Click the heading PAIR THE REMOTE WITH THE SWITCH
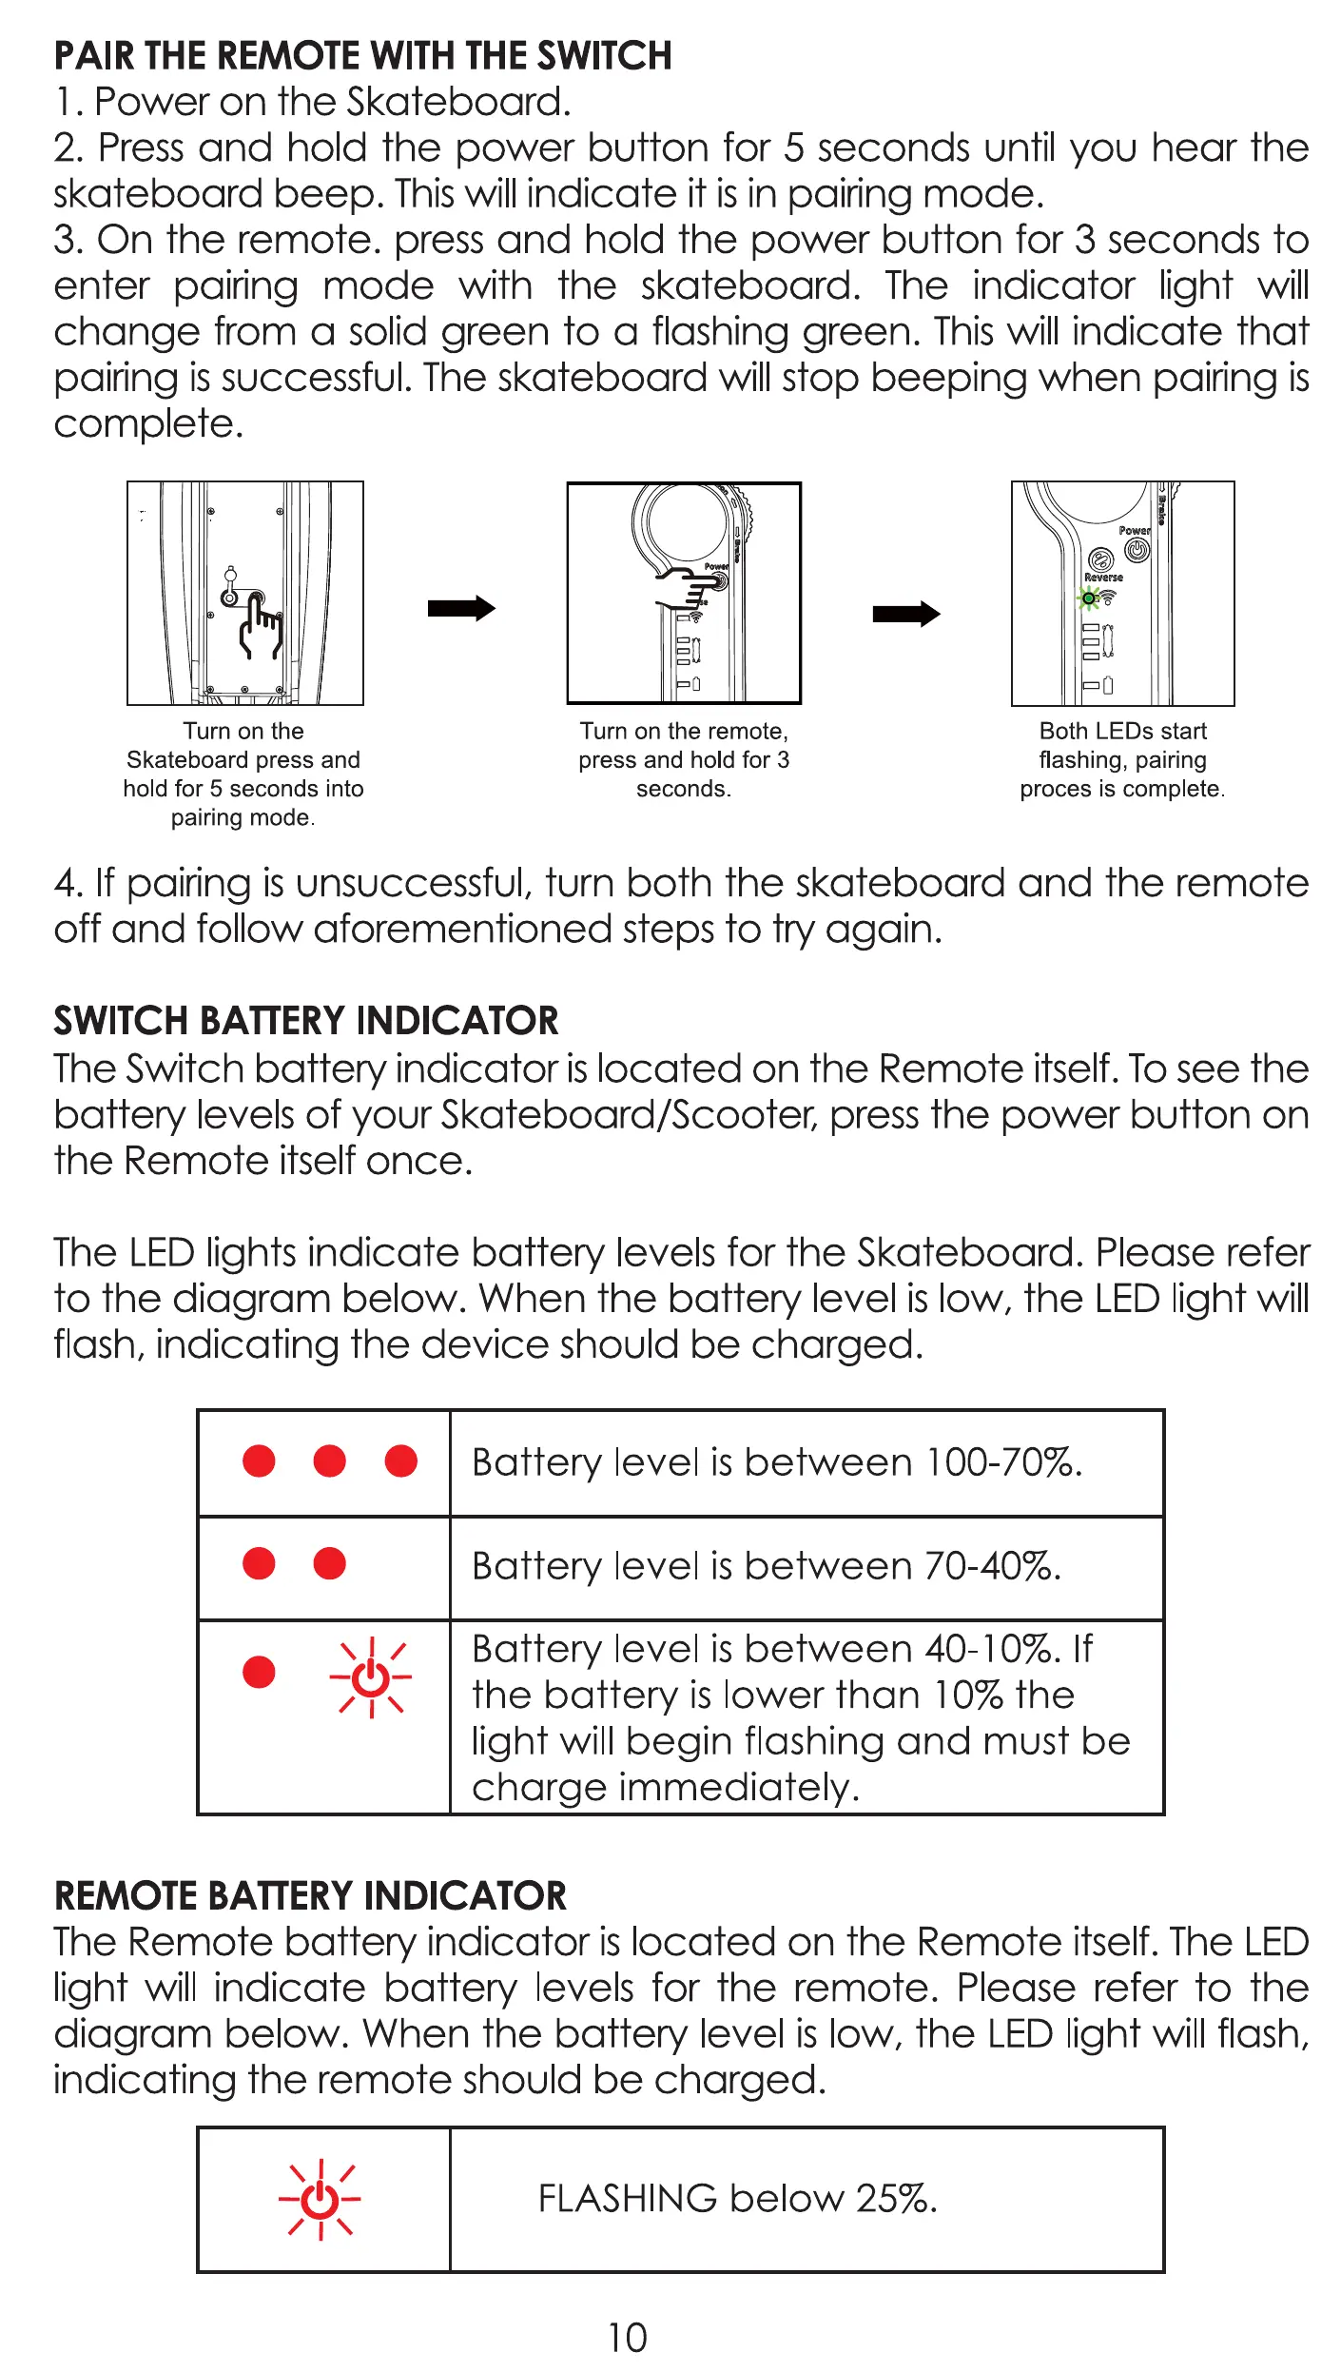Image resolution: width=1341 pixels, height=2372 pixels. point(362,56)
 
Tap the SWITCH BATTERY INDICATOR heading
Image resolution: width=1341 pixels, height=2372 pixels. point(305,1021)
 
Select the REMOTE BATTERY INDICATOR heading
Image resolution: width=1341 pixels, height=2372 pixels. point(310,1895)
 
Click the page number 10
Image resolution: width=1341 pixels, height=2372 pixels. point(627,2338)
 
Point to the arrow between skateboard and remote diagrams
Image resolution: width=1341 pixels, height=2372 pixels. point(461,608)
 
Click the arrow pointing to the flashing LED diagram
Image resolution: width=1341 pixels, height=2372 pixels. point(906,614)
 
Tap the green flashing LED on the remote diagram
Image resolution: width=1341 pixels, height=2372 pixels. point(1089,598)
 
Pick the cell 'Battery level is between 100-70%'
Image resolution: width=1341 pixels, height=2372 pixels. point(777,1462)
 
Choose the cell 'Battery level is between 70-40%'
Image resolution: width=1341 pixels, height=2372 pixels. point(766,1566)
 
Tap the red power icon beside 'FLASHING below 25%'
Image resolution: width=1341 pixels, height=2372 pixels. point(321,2199)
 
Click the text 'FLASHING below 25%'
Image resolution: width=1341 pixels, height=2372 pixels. point(737,2199)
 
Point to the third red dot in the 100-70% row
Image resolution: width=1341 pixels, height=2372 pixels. point(400,1460)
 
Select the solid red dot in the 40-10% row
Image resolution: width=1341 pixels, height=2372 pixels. point(259,1672)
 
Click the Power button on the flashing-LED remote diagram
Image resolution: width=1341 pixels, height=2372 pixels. point(1137,549)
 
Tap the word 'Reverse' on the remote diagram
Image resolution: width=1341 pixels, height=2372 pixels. point(1103,578)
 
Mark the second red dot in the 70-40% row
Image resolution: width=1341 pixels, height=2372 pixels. point(329,1563)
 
